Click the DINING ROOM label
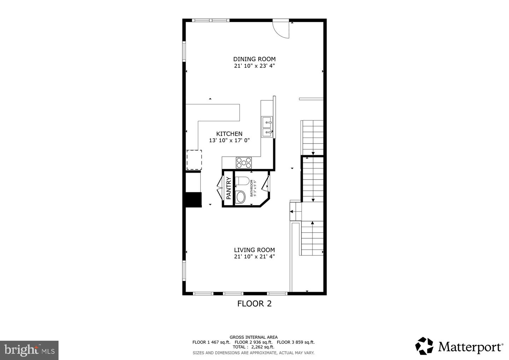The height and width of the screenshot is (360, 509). [254, 59]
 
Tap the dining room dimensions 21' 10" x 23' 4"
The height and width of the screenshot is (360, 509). [254, 66]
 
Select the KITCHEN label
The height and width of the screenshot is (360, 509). [229, 134]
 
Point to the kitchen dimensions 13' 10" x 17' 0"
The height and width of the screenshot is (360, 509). [229, 140]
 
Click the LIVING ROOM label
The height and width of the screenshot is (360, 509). [254, 250]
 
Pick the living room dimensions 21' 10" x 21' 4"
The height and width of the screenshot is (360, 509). [254, 257]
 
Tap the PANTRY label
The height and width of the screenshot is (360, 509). [228, 188]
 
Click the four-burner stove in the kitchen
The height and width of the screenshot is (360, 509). [244, 163]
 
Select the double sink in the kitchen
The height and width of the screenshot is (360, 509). [267, 127]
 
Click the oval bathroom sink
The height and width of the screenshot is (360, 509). [241, 197]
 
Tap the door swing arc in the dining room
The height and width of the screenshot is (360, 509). [282, 29]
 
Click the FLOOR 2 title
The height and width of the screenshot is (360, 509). [254, 303]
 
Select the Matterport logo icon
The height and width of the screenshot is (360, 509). [424, 346]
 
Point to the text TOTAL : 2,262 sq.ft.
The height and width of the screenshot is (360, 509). [253, 347]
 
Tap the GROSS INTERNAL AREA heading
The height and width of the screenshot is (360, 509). [253, 337]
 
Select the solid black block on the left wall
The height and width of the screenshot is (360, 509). [194, 200]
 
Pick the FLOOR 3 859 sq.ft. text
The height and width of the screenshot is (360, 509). [296, 342]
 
